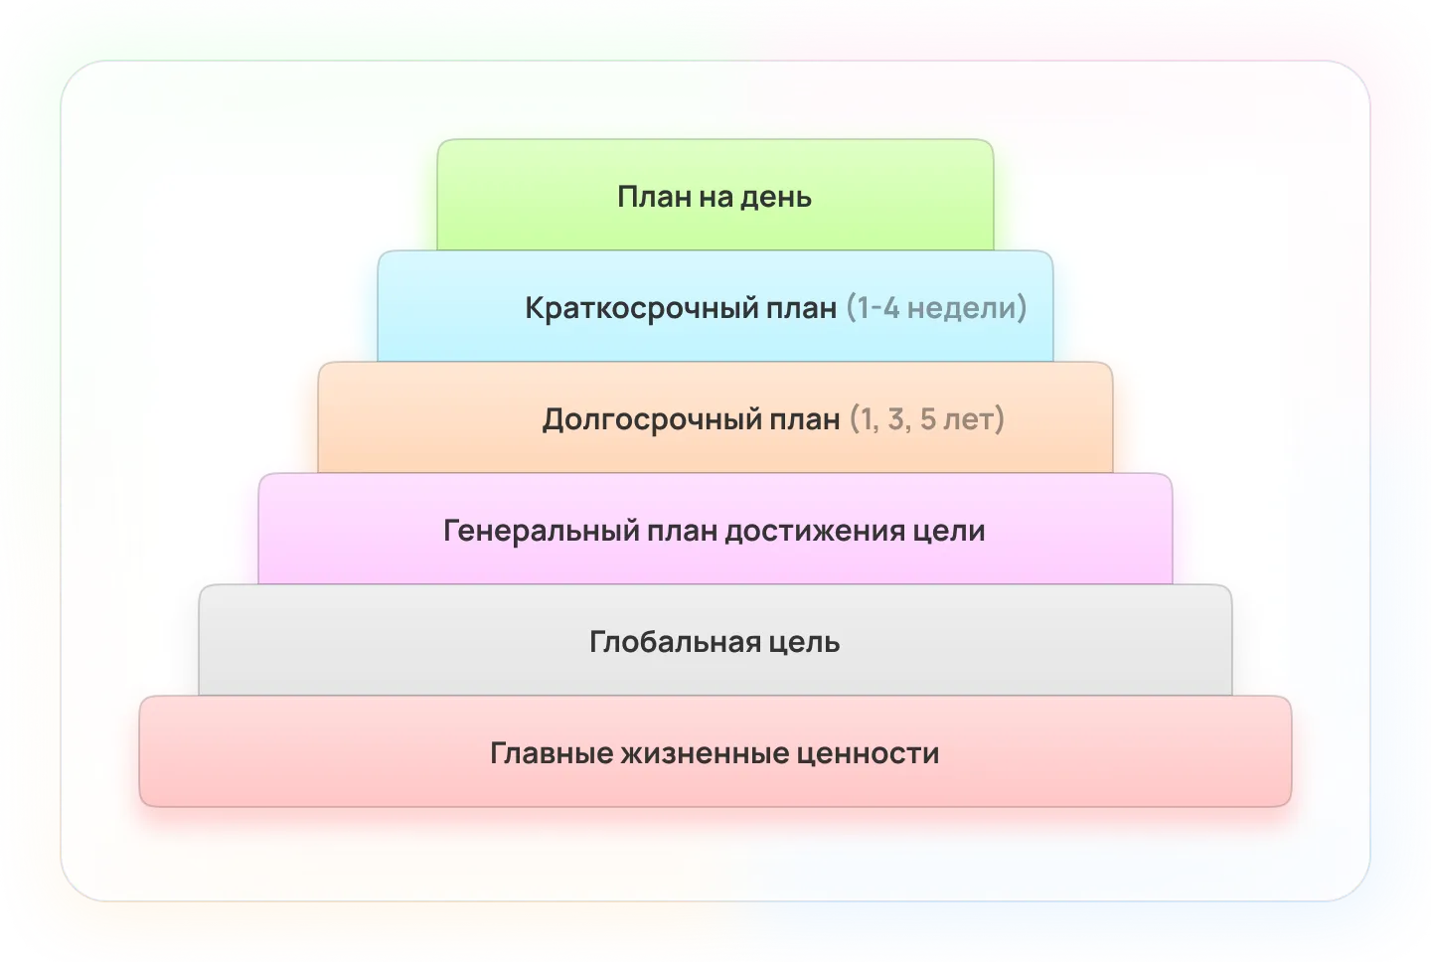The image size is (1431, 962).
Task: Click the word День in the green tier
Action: pyautogui.click(x=776, y=198)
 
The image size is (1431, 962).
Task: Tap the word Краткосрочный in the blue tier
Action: pyautogui.click(x=681, y=308)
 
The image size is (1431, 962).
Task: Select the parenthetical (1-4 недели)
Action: pyautogui.click(x=936, y=308)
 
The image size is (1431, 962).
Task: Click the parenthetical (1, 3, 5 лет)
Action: pyautogui.click(x=927, y=419)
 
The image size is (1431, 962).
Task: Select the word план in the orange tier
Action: pyautogui.click(x=804, y=420)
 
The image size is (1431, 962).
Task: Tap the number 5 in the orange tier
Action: pyautogui.click(x=927, y=419)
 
